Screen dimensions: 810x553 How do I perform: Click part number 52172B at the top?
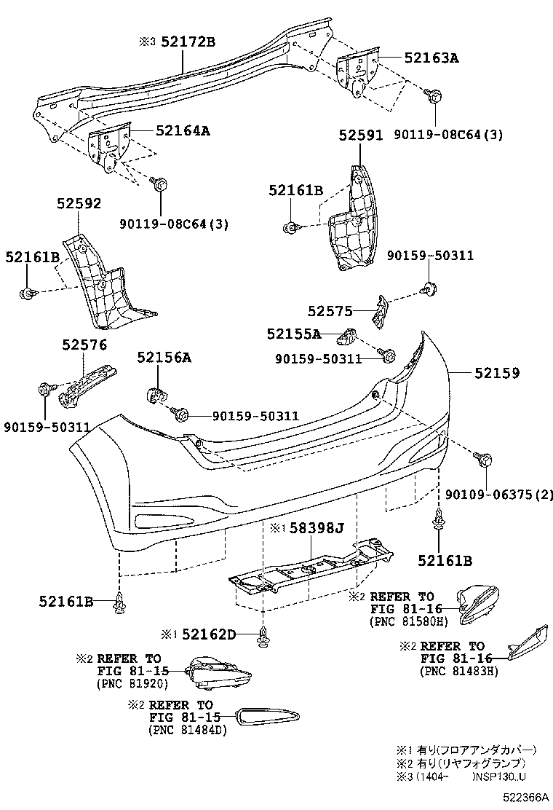click(x=188, y=42)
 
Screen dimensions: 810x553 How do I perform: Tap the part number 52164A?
click(x=183, y=131)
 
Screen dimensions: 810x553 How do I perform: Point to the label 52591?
click(x=360, y=135)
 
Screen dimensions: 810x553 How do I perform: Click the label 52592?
click(x=80, y=204)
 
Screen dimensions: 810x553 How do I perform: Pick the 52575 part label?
click(x=330, y=312)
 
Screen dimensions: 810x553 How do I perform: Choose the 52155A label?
click(x=293, y=334)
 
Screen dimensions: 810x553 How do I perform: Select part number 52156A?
click(x=164, y=357)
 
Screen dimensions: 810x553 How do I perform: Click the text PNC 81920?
click(x=132, y=683)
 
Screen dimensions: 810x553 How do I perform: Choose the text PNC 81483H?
click(x=458, y=671)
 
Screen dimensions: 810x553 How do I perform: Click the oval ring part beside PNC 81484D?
click(x=268, y=717)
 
